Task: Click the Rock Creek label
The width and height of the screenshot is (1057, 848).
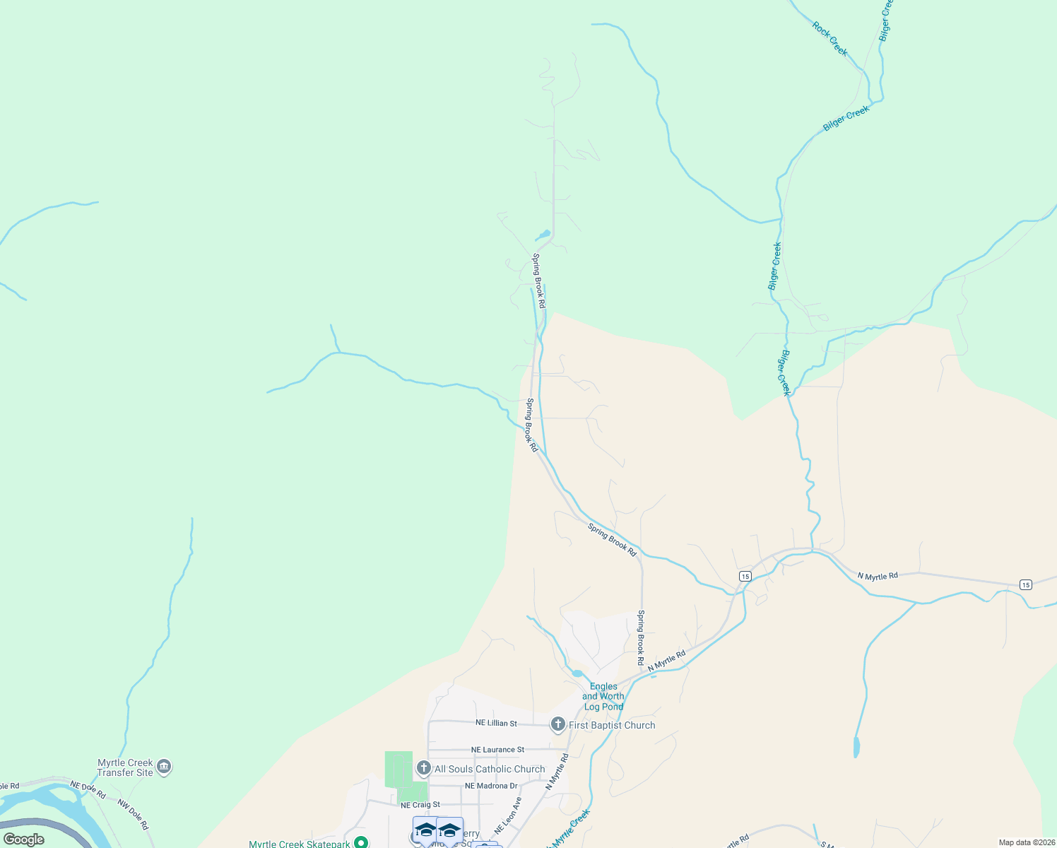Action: [829, 38]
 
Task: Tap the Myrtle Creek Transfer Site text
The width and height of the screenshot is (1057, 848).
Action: [125, 767]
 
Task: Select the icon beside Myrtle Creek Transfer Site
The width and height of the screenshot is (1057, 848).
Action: [164, 767]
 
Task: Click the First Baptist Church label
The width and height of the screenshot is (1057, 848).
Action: [612, 725]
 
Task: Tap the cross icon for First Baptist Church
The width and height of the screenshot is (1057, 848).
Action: [558, 724]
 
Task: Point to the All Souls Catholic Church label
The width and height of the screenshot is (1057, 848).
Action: [490, 769]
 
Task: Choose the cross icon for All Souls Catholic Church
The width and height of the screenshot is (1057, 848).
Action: [424, 768]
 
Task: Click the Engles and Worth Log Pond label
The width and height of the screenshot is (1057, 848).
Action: [603, 696]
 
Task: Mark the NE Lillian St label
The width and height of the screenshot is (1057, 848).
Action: [496, 723]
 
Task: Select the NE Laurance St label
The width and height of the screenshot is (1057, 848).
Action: [497, 750]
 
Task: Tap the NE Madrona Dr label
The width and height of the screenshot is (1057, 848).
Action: [491, 786]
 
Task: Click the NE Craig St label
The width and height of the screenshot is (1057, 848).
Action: [420, 805]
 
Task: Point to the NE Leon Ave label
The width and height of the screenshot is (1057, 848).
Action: [508, 815]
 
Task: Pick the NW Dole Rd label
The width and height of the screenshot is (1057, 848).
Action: [133, 814]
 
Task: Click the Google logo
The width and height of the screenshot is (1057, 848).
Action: [23, 840]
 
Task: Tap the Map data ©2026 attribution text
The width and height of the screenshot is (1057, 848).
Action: [1025, 842]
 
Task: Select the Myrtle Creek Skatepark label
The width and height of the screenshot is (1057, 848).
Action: [300, 844]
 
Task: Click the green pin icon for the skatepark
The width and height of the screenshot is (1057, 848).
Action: [361, 842]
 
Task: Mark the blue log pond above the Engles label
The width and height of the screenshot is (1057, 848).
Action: [577, 673]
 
